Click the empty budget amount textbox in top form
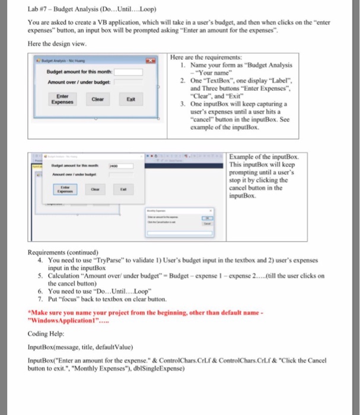tap(129, 72)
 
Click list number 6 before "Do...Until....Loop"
tap(39, 292)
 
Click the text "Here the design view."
tap(58, 44)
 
